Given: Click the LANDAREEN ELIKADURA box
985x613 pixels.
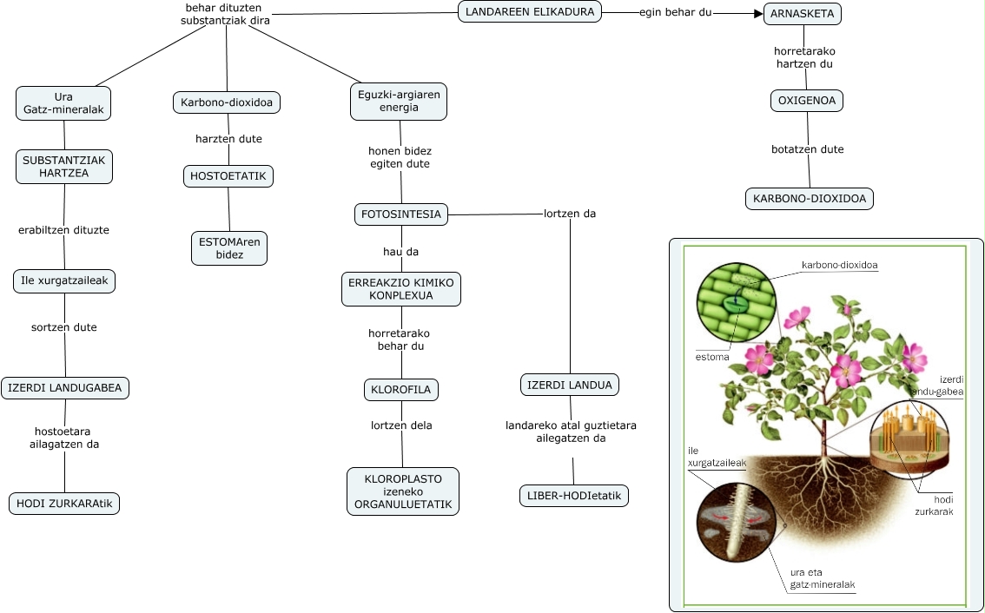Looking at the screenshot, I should [529, 12].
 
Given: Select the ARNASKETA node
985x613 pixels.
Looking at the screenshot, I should [803, 14].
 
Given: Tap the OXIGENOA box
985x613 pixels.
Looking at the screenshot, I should [806, 101].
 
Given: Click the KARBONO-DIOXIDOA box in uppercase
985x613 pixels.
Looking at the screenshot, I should [810, 199].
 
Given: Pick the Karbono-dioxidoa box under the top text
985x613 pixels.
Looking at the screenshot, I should [226, 103].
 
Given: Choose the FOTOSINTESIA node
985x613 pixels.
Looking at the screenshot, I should [401, 214].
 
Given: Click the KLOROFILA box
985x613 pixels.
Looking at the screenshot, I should [400, 390].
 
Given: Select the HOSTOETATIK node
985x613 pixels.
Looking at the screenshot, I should [228, 176].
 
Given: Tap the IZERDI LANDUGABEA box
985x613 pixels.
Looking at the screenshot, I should [65, 387].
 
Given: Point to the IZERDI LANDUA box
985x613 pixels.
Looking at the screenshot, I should [570, 385].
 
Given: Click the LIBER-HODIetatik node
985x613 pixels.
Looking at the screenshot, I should [573, 496].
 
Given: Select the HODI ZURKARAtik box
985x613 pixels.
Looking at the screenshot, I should [64, 503].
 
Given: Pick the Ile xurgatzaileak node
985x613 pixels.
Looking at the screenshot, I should [64, 280].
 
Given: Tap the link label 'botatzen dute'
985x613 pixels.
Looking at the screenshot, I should [808, 149].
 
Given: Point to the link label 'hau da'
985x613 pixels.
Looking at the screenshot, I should [401, 252].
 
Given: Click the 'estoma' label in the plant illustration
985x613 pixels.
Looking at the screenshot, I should [711, 356].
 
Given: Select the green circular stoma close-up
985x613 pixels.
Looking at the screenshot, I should [732, 300].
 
